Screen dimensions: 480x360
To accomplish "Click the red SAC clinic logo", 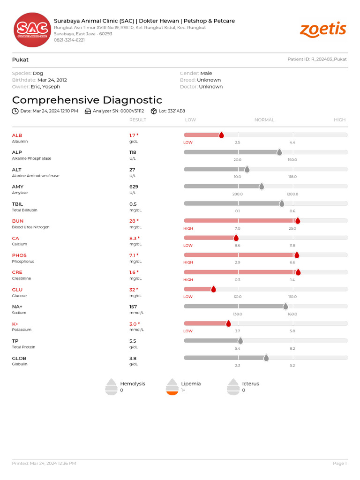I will (31, 30).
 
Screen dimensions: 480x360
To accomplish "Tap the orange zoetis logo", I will (323, 30).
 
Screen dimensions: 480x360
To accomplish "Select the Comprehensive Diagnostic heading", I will (87, 100).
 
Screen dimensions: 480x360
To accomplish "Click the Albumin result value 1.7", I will (134, 135).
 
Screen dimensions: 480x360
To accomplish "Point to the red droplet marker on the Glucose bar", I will (213, 289).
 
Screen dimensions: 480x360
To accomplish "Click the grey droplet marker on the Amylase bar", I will (262, 187).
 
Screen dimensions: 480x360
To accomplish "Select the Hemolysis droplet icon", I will (111, 387).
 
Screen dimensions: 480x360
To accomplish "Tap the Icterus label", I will (250, 383).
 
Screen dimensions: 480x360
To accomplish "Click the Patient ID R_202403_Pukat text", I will (317, 60).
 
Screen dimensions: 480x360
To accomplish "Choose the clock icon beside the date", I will (15, 111).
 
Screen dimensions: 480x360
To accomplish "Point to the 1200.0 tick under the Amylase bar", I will (292, 194).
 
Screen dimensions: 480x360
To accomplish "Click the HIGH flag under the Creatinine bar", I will (188, 279).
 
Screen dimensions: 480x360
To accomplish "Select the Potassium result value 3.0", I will (134, 324).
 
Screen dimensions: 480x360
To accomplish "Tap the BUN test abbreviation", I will (17, 221).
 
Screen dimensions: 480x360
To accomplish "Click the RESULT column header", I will (138, 120).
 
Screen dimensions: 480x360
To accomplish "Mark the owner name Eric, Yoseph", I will (45, 87).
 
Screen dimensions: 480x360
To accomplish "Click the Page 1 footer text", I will (339, 463).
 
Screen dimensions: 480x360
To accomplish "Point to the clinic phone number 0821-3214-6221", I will (69, 40).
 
